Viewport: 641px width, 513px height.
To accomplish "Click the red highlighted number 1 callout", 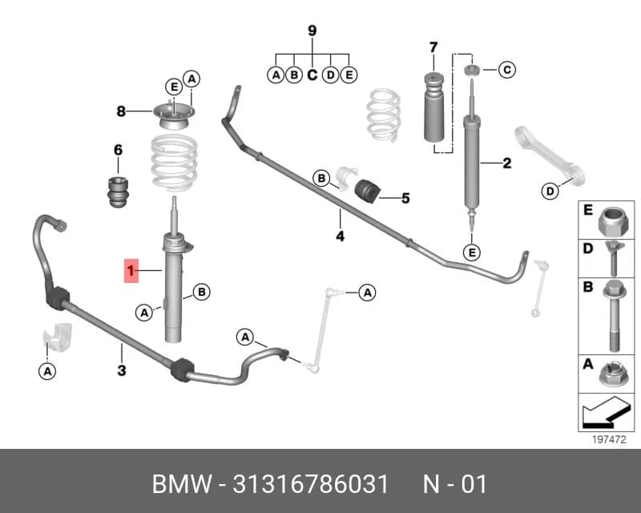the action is click(131, 271).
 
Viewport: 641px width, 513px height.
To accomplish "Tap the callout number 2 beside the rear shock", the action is click(507, 164).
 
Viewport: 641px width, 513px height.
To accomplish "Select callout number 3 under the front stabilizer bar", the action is click(122, 370).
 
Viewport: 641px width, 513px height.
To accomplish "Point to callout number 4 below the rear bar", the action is click(340, 236).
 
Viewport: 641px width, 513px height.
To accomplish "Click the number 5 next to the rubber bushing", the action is click(405, 199).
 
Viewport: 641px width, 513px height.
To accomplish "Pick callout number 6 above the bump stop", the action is click(118, 150).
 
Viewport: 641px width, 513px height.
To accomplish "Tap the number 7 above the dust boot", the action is click(433, 47).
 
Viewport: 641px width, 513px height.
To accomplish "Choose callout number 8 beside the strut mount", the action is click(121, 111).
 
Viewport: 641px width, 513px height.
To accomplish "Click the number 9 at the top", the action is click(312, 30).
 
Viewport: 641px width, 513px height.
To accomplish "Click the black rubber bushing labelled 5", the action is click(367, 191).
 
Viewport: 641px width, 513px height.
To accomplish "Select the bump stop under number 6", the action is click(117, 192).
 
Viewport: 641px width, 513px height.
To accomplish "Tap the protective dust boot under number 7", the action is click(433, 107).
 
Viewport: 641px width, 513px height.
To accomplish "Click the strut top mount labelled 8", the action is click(174, 116).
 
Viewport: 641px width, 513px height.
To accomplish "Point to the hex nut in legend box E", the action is click(613, 221).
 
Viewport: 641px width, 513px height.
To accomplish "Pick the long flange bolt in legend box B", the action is click(615, 316).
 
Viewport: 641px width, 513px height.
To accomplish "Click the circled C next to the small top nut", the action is click(507, 70).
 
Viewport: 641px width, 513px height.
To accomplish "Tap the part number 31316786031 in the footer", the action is click(311, 484).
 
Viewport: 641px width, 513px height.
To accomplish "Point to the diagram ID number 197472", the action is click(609, 440).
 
